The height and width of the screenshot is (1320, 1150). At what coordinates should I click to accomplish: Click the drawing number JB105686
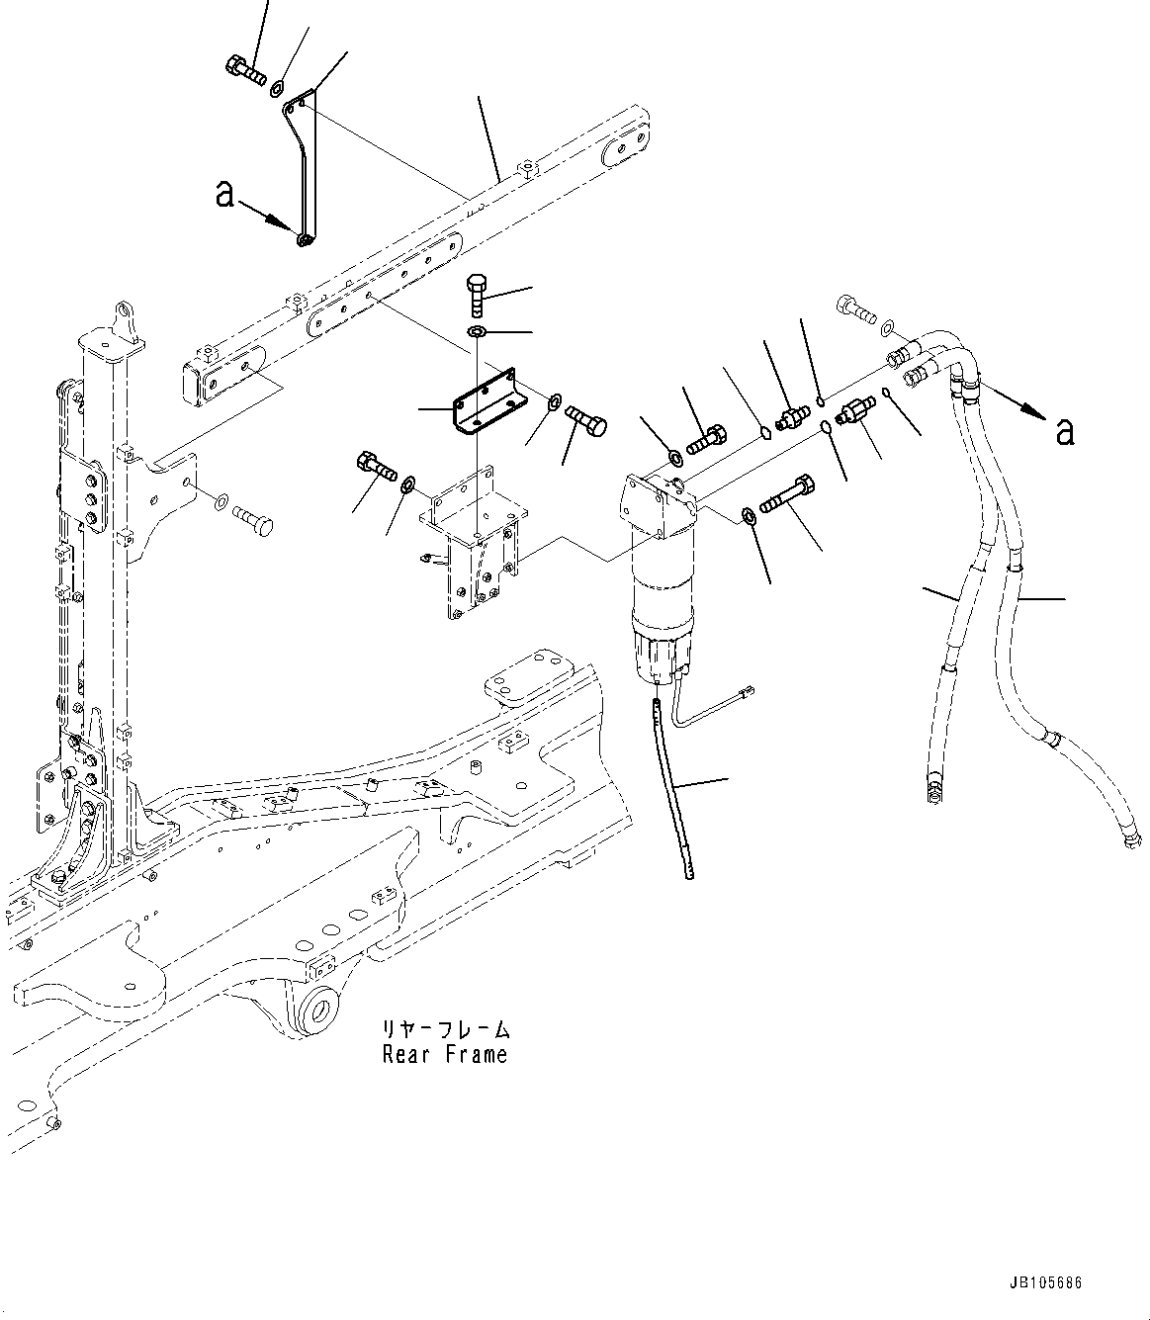pyautogui.click(x=1046, y=1283)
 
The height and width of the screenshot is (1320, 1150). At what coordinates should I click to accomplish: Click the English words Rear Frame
pyautogui.click(x=445, y=1054)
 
